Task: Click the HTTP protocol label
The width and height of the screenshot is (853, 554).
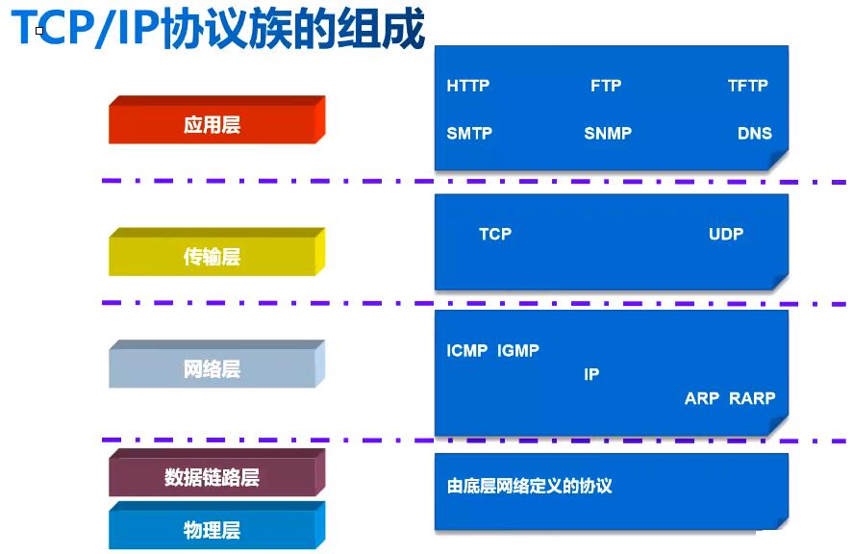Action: point(467,86)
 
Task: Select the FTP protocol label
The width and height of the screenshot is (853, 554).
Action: point(606,86)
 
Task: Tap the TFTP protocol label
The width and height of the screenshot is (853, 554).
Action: point(748,86)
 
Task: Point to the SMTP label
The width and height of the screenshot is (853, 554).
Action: point(469,134)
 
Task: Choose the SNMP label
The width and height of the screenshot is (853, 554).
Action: point(608,134)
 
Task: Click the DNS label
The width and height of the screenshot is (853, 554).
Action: point(755,134)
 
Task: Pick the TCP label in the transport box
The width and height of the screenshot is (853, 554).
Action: point(495,234)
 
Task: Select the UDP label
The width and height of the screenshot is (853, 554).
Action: point(726,234)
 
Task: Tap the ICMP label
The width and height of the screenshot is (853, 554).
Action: point(466,350)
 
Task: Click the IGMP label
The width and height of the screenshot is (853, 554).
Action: point(518,350)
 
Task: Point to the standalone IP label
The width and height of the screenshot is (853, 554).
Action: point(591,374)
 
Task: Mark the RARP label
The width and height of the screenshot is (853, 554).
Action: point(752,398)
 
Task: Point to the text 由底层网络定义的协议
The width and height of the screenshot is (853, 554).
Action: point(529,486)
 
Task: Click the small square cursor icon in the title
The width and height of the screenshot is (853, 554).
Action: point(39,31)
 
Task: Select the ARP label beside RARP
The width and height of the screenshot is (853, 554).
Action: point(702,398)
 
